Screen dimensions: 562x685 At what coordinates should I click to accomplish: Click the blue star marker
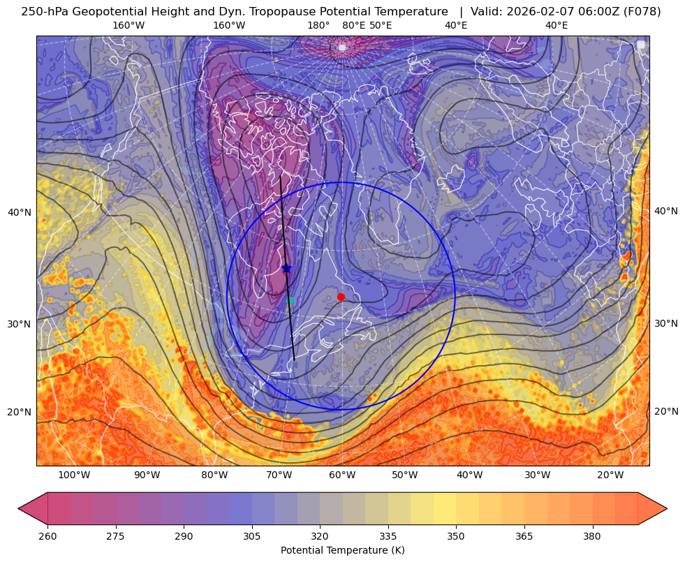click(286, 268)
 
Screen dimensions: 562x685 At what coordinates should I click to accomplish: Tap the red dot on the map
click(341, 297)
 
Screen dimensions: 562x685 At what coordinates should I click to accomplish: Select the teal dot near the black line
click(290, 301)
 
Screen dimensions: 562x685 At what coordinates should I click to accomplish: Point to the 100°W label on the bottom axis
click(74, 475)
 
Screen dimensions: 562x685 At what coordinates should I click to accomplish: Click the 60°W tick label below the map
click(342, 475)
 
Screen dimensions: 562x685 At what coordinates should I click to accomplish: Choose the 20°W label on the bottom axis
click(610, 475)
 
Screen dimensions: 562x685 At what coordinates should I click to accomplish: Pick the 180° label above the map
click(318, 26)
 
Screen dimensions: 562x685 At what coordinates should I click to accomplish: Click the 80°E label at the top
click(354, 26)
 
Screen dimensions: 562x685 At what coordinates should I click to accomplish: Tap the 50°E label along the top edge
click(381, 26)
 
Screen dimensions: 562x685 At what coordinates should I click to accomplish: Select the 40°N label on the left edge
click(20, 212)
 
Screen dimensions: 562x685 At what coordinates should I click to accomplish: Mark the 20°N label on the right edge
click(666, 411)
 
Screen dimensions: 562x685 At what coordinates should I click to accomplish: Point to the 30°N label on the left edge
click(20, 325)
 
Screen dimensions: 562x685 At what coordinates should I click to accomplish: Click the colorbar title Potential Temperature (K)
click(342, 550)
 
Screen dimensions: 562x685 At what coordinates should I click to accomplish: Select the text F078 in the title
click(635, 11)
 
